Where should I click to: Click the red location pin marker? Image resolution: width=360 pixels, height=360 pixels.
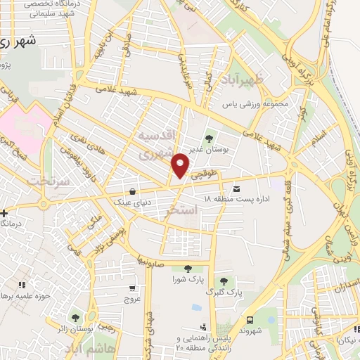(x=181, y=165)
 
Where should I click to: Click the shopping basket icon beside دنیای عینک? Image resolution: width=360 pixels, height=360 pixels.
(x=132, y=191)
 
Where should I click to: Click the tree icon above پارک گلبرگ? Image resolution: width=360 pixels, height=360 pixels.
(x=224, y=281)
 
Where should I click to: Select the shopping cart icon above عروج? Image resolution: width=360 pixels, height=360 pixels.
(x=132, y=288)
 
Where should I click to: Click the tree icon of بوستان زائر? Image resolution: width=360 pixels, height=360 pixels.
(x=74, y=316)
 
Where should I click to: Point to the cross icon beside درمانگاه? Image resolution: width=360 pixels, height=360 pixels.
(x=4, y=212)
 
